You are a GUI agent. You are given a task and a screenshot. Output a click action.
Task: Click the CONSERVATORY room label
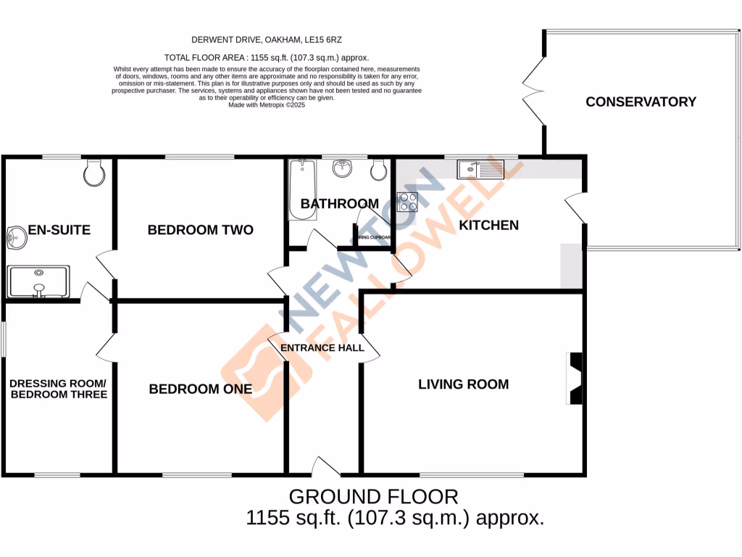[x=641, y=102]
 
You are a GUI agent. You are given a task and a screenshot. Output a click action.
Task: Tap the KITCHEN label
[x=489, y=226]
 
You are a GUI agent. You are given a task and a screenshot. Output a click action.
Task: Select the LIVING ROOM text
[x=463, y=384]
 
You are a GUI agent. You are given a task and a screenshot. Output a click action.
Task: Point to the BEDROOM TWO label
[x=200, y=230]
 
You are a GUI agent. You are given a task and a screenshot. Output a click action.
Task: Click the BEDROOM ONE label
[x=200, y=389]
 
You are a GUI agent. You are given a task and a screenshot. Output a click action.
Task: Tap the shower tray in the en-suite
[x=39, y=281]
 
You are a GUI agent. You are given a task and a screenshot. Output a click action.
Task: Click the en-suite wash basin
[x=15, y=236]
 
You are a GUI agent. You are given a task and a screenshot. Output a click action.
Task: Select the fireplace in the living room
[x=575, y=379]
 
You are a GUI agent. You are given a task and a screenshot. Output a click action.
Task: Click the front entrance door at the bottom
[x=326, y=469]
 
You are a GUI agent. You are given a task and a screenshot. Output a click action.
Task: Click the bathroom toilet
[x=377, y=170]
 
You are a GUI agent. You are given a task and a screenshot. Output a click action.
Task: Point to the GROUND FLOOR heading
[x=373, y=497]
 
